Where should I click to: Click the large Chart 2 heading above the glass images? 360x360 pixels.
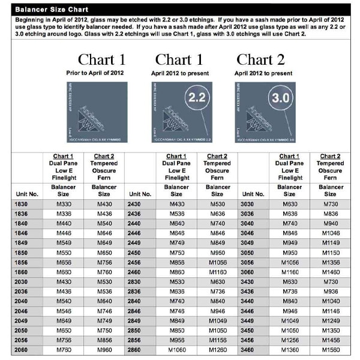[259, 59]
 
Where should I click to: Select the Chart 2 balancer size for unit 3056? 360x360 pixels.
[329, 262]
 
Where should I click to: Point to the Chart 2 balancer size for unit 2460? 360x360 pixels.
[217, 271]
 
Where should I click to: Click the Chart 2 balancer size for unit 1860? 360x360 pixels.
[103, 271]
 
